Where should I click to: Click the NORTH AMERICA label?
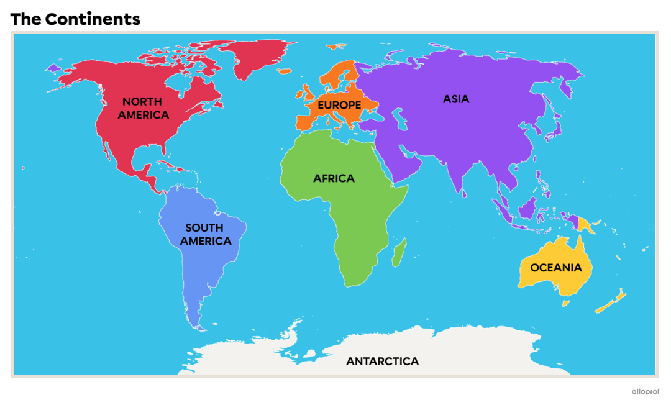point(143,108)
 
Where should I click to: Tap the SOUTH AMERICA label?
point(205,234)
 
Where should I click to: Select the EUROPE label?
point(339,105)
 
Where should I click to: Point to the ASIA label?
point(455,99)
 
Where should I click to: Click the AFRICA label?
point(334,178)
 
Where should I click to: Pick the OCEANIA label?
point(555,268)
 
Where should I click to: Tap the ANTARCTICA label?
point(382,361)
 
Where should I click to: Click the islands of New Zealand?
point(612,301)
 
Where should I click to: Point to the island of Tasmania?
point(565,304)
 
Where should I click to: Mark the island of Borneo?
point(528,207)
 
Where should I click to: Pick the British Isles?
point(306,93)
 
